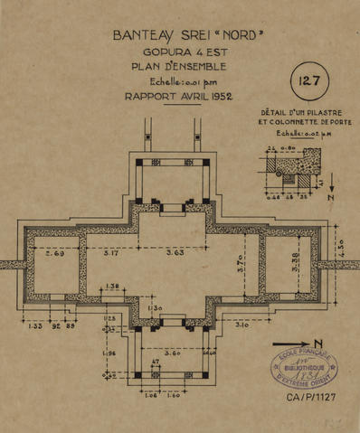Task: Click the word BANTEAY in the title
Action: pos(143,37)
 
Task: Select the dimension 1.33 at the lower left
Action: pos(35,325)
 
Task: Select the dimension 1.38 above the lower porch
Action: pos(113,287)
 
